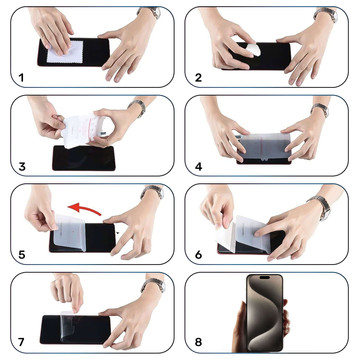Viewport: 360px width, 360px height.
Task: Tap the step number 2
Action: pos(199,76)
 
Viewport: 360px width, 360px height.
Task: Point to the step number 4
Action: pos(199,165)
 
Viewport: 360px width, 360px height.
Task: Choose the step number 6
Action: pos(199,254)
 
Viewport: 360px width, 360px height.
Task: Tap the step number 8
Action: pos(199,342)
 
